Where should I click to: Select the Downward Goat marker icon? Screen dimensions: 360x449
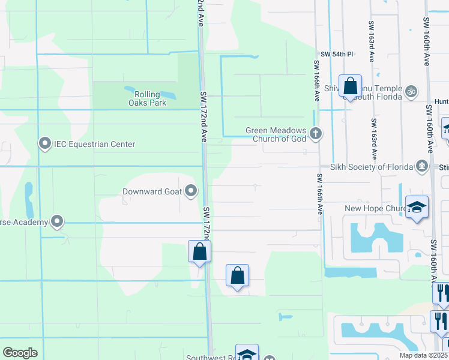(191, 191)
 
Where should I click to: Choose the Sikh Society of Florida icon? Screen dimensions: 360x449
(422, 166)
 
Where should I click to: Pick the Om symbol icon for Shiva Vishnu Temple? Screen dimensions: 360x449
(411, 92)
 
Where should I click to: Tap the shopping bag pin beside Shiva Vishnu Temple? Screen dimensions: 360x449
(350, 86)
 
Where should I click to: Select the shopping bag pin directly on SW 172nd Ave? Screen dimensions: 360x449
(199, 252)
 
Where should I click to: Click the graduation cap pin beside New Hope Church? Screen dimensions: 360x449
(417, 208)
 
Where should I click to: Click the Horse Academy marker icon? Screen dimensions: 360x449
(57, 222)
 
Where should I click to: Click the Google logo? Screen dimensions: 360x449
(20, 353)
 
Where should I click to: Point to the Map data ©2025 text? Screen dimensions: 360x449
(423, 355)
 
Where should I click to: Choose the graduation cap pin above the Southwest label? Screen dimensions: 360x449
(247, 354)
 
